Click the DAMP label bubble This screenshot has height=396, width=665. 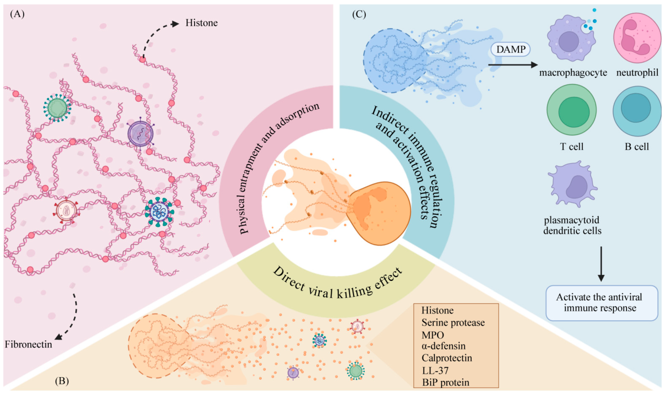click(511, 49)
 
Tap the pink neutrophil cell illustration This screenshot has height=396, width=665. click(637, 38)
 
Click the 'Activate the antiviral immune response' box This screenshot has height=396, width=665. click(601, 303)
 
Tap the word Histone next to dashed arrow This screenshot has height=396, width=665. click(201, 23)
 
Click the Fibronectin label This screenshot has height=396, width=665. click(28, 344)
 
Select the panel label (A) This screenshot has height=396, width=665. click(17, 14)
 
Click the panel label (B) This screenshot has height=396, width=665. click(62, 381)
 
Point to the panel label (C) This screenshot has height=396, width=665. click(359, 14)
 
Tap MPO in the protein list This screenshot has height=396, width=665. click(432, 335)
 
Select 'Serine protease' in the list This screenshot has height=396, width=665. click(453, 323)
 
